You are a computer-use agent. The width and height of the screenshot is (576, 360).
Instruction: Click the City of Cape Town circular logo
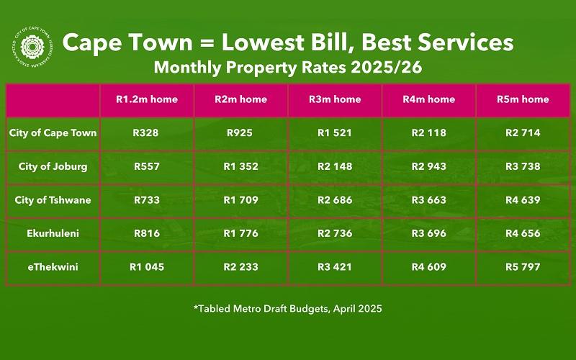pos(32,47)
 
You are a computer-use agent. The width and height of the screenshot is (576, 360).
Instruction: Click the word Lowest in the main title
pos(263,42)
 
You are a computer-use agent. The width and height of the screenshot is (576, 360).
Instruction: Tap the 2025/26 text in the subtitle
pos(387,68)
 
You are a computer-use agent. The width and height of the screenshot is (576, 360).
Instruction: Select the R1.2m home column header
pos(147,99)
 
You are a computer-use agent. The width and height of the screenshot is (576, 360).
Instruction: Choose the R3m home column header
pos(335,99)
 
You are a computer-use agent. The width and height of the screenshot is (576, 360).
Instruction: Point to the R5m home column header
pos(523,99)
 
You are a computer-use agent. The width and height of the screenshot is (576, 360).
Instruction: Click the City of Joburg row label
pos(53,166)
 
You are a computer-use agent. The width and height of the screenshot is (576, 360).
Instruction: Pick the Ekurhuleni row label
pos(53,233)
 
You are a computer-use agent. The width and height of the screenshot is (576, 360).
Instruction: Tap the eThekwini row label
pos(53,266)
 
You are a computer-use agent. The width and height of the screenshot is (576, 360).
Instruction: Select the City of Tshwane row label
pos(53,200)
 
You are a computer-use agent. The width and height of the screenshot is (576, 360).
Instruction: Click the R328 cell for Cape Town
pos(146,132)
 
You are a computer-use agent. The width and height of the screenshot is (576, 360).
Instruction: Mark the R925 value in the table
pos(240,132)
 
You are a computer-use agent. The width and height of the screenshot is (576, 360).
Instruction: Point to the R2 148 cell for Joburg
pos(335,166)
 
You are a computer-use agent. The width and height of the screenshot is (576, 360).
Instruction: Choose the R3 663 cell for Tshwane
pos(429,200)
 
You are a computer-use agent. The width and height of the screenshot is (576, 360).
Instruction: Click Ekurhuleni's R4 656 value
pos(523,233)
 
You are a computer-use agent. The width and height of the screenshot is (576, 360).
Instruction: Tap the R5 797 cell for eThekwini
pos(523,266)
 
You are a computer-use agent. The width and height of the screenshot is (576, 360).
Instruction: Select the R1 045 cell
pos(147,266)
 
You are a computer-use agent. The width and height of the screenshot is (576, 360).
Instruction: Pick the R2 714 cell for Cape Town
pos(523,132)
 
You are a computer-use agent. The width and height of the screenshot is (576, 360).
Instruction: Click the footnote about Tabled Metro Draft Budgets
pos(288,309)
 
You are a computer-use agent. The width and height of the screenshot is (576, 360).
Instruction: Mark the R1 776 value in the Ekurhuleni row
pos(241,233)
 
